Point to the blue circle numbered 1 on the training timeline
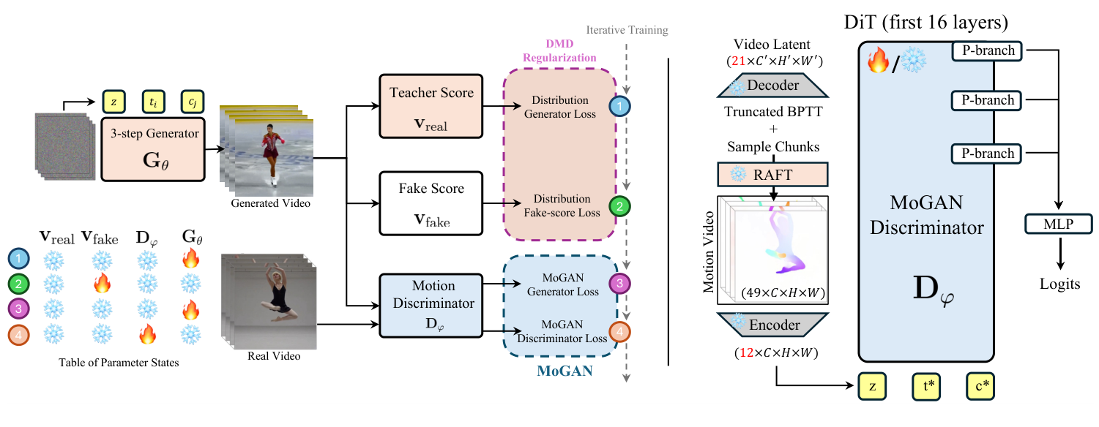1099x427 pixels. (x=620, y=107)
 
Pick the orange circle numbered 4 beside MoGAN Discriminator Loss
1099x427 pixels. (x=620, y=333)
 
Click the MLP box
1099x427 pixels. (x=1059, y=224)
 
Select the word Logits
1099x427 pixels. (x=1059, y=284)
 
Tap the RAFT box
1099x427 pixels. (x=773, y=174)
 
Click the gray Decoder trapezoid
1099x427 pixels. (x=772, y=86)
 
